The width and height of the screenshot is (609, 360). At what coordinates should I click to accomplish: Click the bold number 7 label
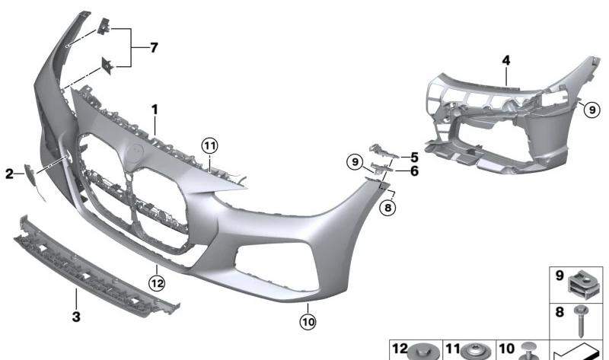(154, 48)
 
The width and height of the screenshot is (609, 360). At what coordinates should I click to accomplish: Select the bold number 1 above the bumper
(155, 110)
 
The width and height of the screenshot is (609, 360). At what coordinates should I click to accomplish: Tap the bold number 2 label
(9, 174)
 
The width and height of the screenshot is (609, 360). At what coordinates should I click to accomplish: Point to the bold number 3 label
(76, 316)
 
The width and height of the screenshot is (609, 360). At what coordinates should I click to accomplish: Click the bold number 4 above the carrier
(506, 61)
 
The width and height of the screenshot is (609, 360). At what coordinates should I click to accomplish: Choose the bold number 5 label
(414, 158)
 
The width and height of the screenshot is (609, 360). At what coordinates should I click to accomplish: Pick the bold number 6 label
(414, 171)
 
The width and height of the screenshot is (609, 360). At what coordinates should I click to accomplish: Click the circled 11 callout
(210, 146)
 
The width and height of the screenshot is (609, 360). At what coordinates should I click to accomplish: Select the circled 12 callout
(157, 283)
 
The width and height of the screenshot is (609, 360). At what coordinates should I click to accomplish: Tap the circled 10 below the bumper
(308, 322)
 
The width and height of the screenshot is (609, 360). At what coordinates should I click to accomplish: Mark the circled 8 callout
(388, 208)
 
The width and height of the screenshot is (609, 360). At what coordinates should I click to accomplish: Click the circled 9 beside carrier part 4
(592, 110)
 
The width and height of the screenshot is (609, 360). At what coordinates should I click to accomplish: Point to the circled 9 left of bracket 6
(355, 161)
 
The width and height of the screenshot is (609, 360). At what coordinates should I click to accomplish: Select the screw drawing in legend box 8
(581, 320)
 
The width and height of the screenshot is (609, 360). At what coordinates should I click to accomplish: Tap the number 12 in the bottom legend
(400, 349)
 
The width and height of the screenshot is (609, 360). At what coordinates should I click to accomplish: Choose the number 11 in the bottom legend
(452, 349)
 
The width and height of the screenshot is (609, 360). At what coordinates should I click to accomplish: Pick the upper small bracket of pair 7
(104, 27)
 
